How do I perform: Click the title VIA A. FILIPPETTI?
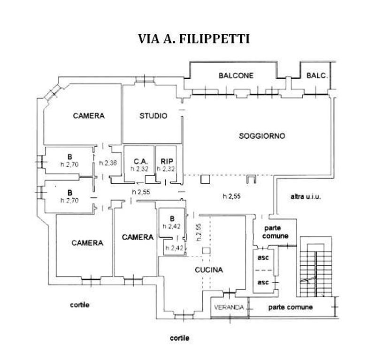point(194,39)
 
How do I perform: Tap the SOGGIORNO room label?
point(262,136)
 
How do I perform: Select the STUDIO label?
point(153,116)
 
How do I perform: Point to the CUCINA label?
point(209,270)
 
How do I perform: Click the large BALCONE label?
point(236,76)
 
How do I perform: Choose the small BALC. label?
point(317,76)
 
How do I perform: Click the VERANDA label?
point(229,307)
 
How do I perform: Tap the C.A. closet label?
point(140,162)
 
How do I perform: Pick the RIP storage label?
point(167,162)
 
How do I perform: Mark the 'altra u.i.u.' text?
point(306,196)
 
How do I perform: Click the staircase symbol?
point(316,267)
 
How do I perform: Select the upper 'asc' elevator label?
point(263,258)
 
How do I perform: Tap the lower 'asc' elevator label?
point(263,282)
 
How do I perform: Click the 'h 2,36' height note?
point(108,163)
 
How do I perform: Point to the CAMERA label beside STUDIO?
point(89,116)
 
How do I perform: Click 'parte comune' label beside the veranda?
point(291,307)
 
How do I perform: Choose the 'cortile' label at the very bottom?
point(180,338)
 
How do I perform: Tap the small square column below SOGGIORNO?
point(205,179)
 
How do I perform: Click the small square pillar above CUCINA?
point(206,250)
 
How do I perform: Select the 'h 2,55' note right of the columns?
point(231,196)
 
